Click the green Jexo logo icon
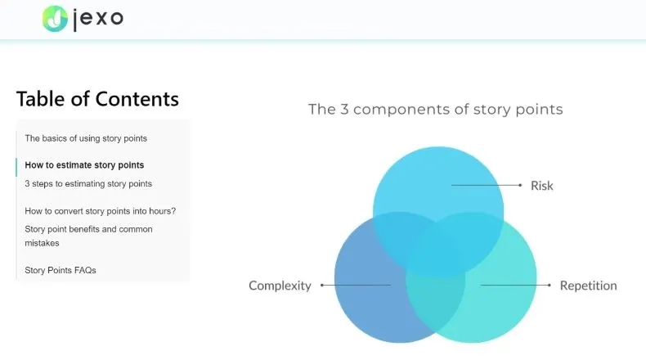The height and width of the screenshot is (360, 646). [x=55, y=19]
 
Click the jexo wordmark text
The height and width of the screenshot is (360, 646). [x=98, y=19]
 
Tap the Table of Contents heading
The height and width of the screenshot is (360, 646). [x=97, y=99]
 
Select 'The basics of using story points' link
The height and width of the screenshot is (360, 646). [x=86, y=138]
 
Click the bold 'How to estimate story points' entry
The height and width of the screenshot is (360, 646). [x=84, y=165]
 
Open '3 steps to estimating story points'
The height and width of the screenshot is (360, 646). [x=88, y=184]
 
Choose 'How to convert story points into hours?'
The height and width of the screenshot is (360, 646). [x=100, y=211]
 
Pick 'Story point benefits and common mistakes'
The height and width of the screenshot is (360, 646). [x=88, y=236]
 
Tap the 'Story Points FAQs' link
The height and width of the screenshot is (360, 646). [x=61, y=271]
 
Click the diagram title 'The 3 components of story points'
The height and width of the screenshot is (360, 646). [x=436, y=110]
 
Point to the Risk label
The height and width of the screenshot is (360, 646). [x=542, y=186]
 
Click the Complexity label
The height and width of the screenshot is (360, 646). [x=280, y=286]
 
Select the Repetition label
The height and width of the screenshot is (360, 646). [x=588, y=286]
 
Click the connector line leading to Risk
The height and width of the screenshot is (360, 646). [x=487, y=185]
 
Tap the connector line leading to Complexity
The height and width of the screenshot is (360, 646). [x=356, y=285]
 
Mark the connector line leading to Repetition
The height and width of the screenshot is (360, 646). [x=516, y=285]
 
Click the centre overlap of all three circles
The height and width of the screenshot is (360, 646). [x=436, y=254]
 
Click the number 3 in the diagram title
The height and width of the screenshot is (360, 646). [x=344, y=110]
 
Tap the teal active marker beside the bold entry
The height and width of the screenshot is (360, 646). [x=16, y=167]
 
